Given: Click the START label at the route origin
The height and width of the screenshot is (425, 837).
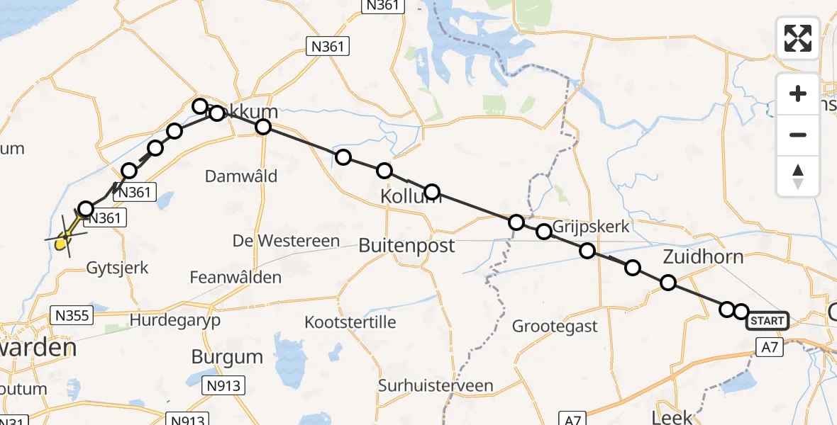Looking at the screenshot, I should click(x=767, y=321).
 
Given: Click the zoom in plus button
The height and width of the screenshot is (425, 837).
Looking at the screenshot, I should click(x=798, y=94).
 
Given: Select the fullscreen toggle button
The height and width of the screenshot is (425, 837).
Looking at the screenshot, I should click(x=798, y=38).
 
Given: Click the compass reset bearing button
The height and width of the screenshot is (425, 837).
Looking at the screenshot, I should click(x=798, y=176).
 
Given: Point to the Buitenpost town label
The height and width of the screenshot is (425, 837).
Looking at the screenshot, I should click(x=406, y=246).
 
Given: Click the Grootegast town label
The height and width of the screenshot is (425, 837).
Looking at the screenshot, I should click(x=555, y=327).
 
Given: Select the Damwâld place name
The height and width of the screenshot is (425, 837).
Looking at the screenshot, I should click(x=240, y=176).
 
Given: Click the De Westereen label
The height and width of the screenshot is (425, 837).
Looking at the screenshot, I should click(x=287, y=241).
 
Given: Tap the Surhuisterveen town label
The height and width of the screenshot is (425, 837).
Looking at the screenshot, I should click(x=436, y=386).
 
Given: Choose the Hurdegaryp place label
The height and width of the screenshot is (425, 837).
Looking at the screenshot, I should click(x=175, y=320).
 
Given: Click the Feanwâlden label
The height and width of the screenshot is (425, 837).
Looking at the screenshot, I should click(x=235, y=278).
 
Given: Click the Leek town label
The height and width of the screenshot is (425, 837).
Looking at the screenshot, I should click(x=671, y=416).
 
